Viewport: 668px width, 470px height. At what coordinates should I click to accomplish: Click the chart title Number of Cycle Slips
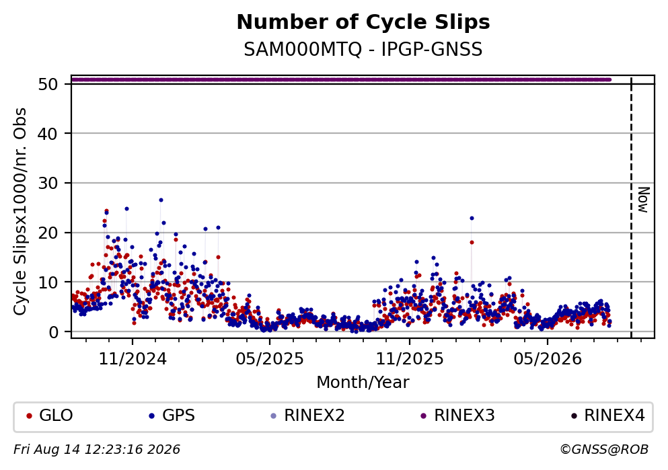coord(363,22)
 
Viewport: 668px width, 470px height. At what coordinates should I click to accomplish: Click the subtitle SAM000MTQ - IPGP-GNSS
coord(363,49)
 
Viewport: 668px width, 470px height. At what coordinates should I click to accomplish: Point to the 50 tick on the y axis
coord(48,84)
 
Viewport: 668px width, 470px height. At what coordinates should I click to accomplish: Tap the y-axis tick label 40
coord(48,134)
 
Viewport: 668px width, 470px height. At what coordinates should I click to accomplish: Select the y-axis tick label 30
coord(48,183)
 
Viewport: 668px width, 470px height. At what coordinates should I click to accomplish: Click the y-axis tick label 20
coord(48,233)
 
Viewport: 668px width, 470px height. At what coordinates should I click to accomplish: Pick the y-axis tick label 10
coord(48,282)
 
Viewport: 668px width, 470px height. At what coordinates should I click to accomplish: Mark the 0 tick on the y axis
coord(53,332)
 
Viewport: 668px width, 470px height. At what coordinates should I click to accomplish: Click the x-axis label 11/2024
coord(133,359)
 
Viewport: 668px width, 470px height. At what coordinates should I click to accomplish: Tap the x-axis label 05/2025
coord(270,359)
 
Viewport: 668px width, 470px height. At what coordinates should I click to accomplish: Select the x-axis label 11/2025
coord(410,359)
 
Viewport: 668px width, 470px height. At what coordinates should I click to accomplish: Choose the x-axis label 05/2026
coord(548,359)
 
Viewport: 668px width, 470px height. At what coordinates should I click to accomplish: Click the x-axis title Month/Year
coord(363,383)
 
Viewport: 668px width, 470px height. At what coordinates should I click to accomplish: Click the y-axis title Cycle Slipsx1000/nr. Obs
coord(20,212)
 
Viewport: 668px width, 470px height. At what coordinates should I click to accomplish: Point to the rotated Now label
coord(643,200)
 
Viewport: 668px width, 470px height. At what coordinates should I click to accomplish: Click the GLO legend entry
coord(50,416)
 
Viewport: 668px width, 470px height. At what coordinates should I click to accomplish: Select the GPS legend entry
coord(172,416)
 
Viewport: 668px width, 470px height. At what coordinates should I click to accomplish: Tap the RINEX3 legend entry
coord(458,416)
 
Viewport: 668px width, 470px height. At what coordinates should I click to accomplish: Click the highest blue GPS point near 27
coord(161,200)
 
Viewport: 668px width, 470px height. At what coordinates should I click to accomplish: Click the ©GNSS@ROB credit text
coord(604,450)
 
